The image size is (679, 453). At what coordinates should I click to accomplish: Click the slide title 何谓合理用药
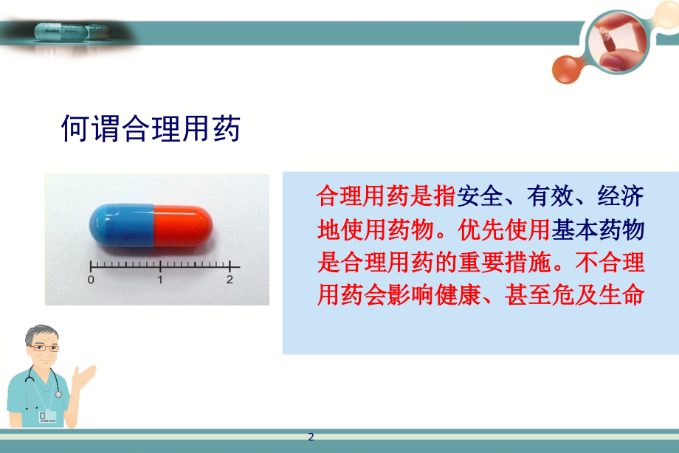click(x=151, y=128)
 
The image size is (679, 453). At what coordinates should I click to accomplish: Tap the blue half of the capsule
click(x=122, y=226)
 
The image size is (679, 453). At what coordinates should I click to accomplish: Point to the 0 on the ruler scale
click(x=91, y=280)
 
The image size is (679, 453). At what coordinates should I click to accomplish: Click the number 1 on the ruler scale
click(x=160, y=280)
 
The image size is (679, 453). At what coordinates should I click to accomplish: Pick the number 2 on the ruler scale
click(x=230, y=280)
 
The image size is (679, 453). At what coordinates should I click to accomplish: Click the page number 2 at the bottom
click(x=311, y=437)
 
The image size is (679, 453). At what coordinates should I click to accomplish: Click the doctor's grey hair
click(x=37, y=333)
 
